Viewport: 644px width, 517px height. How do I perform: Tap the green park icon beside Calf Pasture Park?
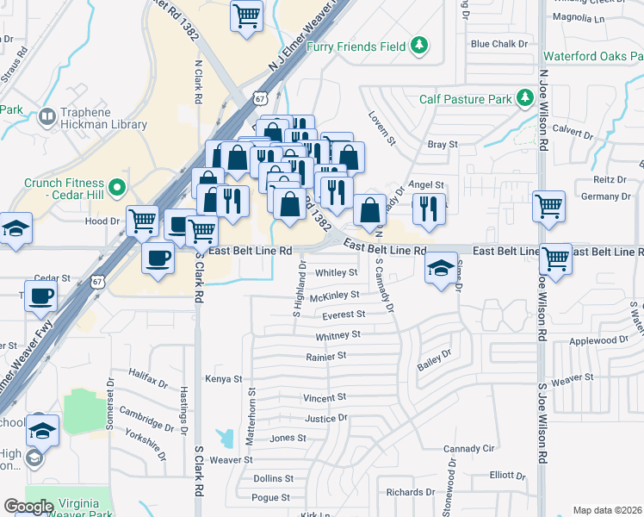pyautogui.click(x=524, y=98)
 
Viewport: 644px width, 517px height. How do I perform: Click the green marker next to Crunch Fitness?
pyautogui.click(x=118, y=184)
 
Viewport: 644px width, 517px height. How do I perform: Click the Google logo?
pyautogui.click(x=28, y=506)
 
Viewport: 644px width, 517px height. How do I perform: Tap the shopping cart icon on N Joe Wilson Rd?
pyautogui.click(x=548, y=207)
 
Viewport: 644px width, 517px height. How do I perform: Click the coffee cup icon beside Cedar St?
pyautogui.click(x=40, y=298)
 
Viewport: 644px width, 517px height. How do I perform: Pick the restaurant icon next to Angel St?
pyautogui.click(x=427, y=207)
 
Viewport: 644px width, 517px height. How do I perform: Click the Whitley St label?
pyautogui.click(x=336, y=273)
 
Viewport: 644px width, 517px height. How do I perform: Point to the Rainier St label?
pyautogui.click(x=325, y=355)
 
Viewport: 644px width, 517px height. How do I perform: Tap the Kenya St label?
pyautogui.click(x=224, y=378)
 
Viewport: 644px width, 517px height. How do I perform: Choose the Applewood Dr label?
pyautogui.click(x=600, y=340)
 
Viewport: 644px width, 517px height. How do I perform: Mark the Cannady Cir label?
pyautogui.click(x=469, y=449)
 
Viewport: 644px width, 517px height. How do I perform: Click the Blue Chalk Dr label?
pyautogui.click(x=492, y=44)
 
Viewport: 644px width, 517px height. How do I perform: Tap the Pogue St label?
pyautogui.click(x=271, y=497)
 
